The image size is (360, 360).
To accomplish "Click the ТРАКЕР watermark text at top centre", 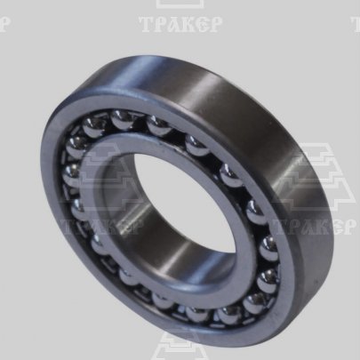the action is [x=180, y=24].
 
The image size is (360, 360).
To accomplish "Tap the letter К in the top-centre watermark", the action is [x=187, y=24].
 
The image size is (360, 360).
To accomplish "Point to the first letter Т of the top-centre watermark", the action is [x=146, y=24].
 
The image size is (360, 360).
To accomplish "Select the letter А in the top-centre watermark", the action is [x=172, y=24].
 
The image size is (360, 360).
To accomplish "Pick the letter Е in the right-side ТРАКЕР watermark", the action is [x=335, y=227].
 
